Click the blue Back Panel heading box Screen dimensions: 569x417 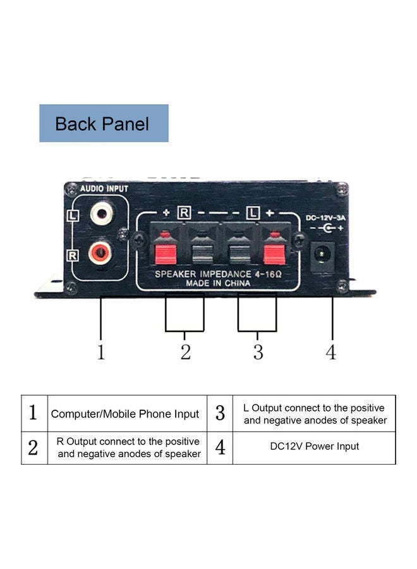104,123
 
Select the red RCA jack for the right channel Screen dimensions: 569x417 101,254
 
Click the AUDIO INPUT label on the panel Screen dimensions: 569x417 104,188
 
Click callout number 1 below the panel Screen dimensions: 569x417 101,352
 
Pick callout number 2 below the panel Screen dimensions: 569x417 185,352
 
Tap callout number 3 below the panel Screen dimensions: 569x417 258,352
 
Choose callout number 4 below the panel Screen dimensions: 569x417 331,352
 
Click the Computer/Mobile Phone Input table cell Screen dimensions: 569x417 125,414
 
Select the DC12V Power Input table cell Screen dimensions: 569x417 314,446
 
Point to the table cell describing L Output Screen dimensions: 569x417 315,414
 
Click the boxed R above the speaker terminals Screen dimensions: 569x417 184,212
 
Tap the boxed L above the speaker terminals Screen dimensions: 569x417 253,212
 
